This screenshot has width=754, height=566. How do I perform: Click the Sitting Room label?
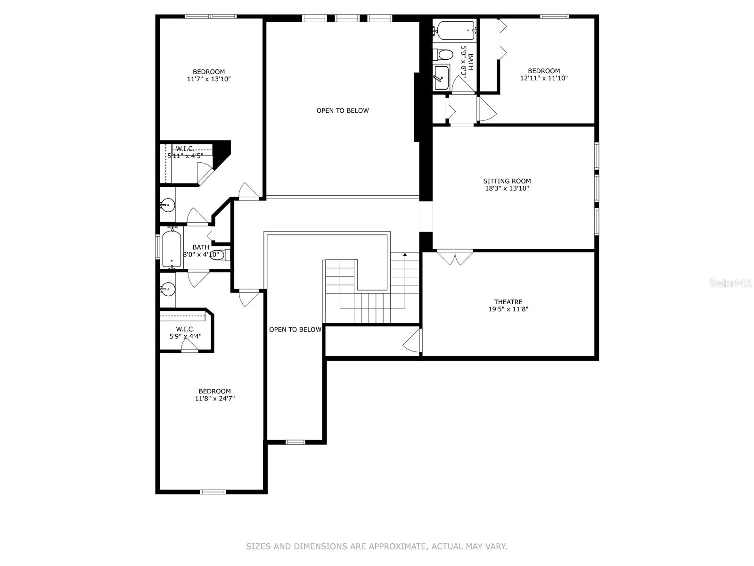click(x=507, y=181)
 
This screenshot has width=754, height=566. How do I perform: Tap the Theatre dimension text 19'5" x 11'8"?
click(x=508, y=309)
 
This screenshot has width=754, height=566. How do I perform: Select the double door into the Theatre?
click(x=455, y=258)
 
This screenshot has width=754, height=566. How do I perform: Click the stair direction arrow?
click(x=405, y=255)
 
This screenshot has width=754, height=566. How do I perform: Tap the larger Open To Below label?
click(x=343, y=111)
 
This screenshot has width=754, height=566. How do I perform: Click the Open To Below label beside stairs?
click(x=295, y=330)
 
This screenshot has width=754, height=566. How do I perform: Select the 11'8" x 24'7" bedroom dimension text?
click(x=215, y=399)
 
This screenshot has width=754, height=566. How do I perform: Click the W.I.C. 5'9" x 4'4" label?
click(x=185, y=333)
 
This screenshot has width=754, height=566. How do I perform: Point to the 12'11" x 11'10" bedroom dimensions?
click(x=544, y=78)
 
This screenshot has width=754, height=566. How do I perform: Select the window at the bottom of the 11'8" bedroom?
click(x=213, y=492)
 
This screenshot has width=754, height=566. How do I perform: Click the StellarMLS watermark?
click(x=730, y=283)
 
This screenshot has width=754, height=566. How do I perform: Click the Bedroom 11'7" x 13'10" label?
click(x=208, y=72)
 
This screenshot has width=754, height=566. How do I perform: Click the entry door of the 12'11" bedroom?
click(x=487, y=108)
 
